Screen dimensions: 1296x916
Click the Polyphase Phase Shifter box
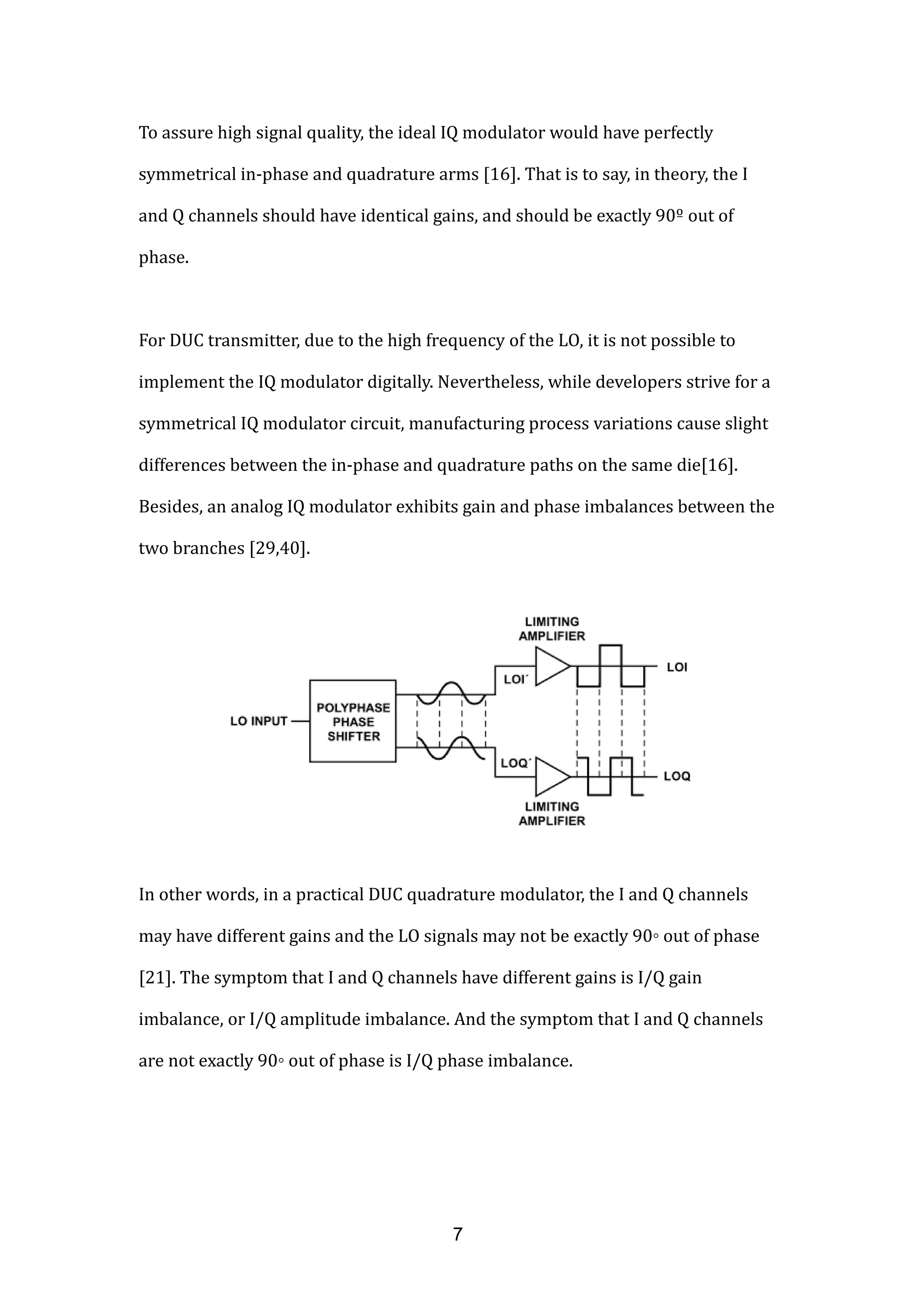coord(353,721)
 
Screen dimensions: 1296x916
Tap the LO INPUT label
coord(259,721)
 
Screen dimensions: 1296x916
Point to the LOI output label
coord(677,667)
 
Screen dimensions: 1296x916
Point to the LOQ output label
coord(677,776)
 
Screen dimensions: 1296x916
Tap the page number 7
coord(458,1234)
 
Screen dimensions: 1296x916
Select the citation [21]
coord(155,977)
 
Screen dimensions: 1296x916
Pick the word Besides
coord(170,506)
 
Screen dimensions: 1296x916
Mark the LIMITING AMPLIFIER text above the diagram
coord(551,629)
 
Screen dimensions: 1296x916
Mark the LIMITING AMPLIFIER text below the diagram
coord(551,813)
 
